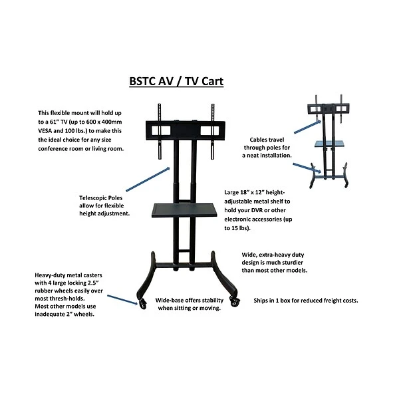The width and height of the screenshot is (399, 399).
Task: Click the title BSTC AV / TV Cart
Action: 176,81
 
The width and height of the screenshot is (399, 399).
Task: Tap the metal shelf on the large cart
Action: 184,210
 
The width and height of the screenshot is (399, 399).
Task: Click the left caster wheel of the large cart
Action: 142,303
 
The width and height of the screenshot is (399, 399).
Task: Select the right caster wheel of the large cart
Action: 234,301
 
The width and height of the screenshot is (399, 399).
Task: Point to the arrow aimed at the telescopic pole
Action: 148,179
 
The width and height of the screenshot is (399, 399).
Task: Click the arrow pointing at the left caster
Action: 122,299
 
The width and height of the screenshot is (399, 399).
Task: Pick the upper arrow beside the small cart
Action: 307,127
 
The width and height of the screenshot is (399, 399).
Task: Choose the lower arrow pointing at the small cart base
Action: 307,168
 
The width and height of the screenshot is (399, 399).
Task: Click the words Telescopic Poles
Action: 101,198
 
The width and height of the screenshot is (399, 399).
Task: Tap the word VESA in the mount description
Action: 45,131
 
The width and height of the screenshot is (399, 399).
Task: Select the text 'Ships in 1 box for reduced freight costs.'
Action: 306,301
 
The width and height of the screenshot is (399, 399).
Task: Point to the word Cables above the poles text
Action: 257,140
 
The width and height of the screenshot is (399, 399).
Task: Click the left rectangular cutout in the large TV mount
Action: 161,130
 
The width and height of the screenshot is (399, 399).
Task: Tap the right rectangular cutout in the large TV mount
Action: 209,130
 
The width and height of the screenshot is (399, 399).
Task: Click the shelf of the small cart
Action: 329,144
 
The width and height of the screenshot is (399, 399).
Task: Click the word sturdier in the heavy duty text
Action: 292,263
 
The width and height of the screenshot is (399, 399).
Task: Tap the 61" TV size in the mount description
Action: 59,122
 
